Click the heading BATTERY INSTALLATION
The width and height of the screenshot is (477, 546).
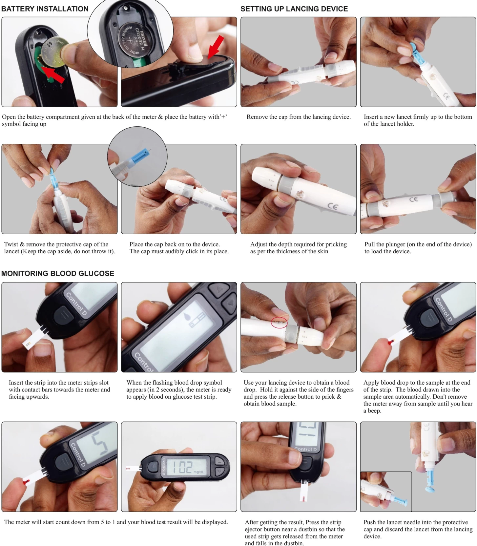coord(45,9)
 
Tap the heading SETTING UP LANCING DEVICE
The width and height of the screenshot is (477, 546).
coord(294,9)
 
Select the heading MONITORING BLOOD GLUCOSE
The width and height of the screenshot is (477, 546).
coord(58,273)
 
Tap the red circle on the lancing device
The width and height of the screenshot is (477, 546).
coord(279,323)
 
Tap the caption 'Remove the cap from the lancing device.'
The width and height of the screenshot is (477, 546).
coord(299,117)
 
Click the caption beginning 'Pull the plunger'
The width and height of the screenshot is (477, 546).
coord(418,248)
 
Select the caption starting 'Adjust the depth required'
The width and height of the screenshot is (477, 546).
coord(299,248)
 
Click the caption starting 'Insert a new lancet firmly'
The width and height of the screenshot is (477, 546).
coord(418,120)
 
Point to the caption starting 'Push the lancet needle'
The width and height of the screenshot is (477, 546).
coord(418,529)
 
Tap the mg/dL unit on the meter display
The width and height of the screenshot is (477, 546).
coord(198,472)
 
